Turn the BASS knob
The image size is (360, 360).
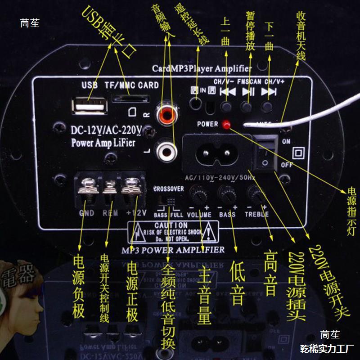226,195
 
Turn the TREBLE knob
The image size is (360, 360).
256,195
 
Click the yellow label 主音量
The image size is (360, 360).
204,295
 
